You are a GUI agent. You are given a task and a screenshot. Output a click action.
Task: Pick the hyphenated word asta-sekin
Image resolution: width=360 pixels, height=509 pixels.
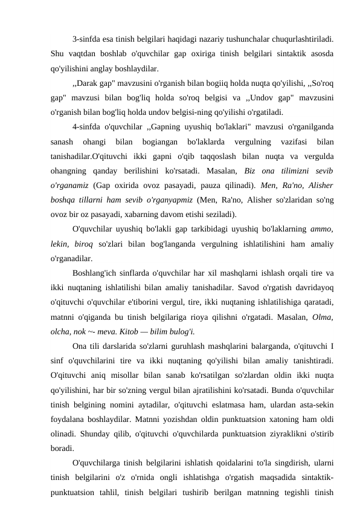click(309, 404)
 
